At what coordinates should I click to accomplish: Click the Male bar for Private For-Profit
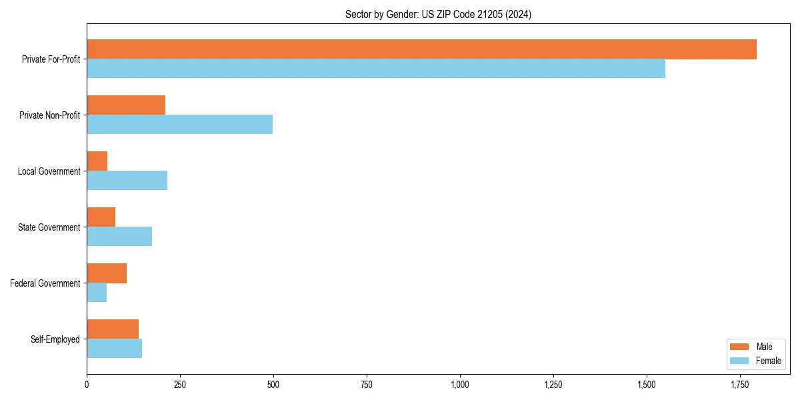[x=421, y=49]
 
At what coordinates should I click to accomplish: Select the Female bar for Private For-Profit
[x=376, y=69]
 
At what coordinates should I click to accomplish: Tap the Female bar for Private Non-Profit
[x=179, y=125]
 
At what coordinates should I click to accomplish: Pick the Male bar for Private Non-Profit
[x=126, y=105]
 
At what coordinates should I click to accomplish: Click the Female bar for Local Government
[x=127, y=181]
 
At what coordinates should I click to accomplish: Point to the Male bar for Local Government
[x=97, y=161]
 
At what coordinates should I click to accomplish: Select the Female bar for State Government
[x=119, y=237]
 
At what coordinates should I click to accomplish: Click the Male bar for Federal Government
[x=107, y=273]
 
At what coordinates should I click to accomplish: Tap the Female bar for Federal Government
[x=97, y=293]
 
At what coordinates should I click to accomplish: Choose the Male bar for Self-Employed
[x=113, y=329]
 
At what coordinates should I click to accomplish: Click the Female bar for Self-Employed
[x=114, y=349]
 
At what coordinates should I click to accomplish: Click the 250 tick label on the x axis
[x=179, y=385]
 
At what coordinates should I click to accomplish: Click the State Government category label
[x=49, y=227]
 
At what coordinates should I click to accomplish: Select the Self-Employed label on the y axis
[x=55, y=339]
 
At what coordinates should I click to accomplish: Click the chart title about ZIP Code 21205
[x=438, y=14]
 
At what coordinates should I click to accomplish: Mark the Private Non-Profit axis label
[x=49, y=115]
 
